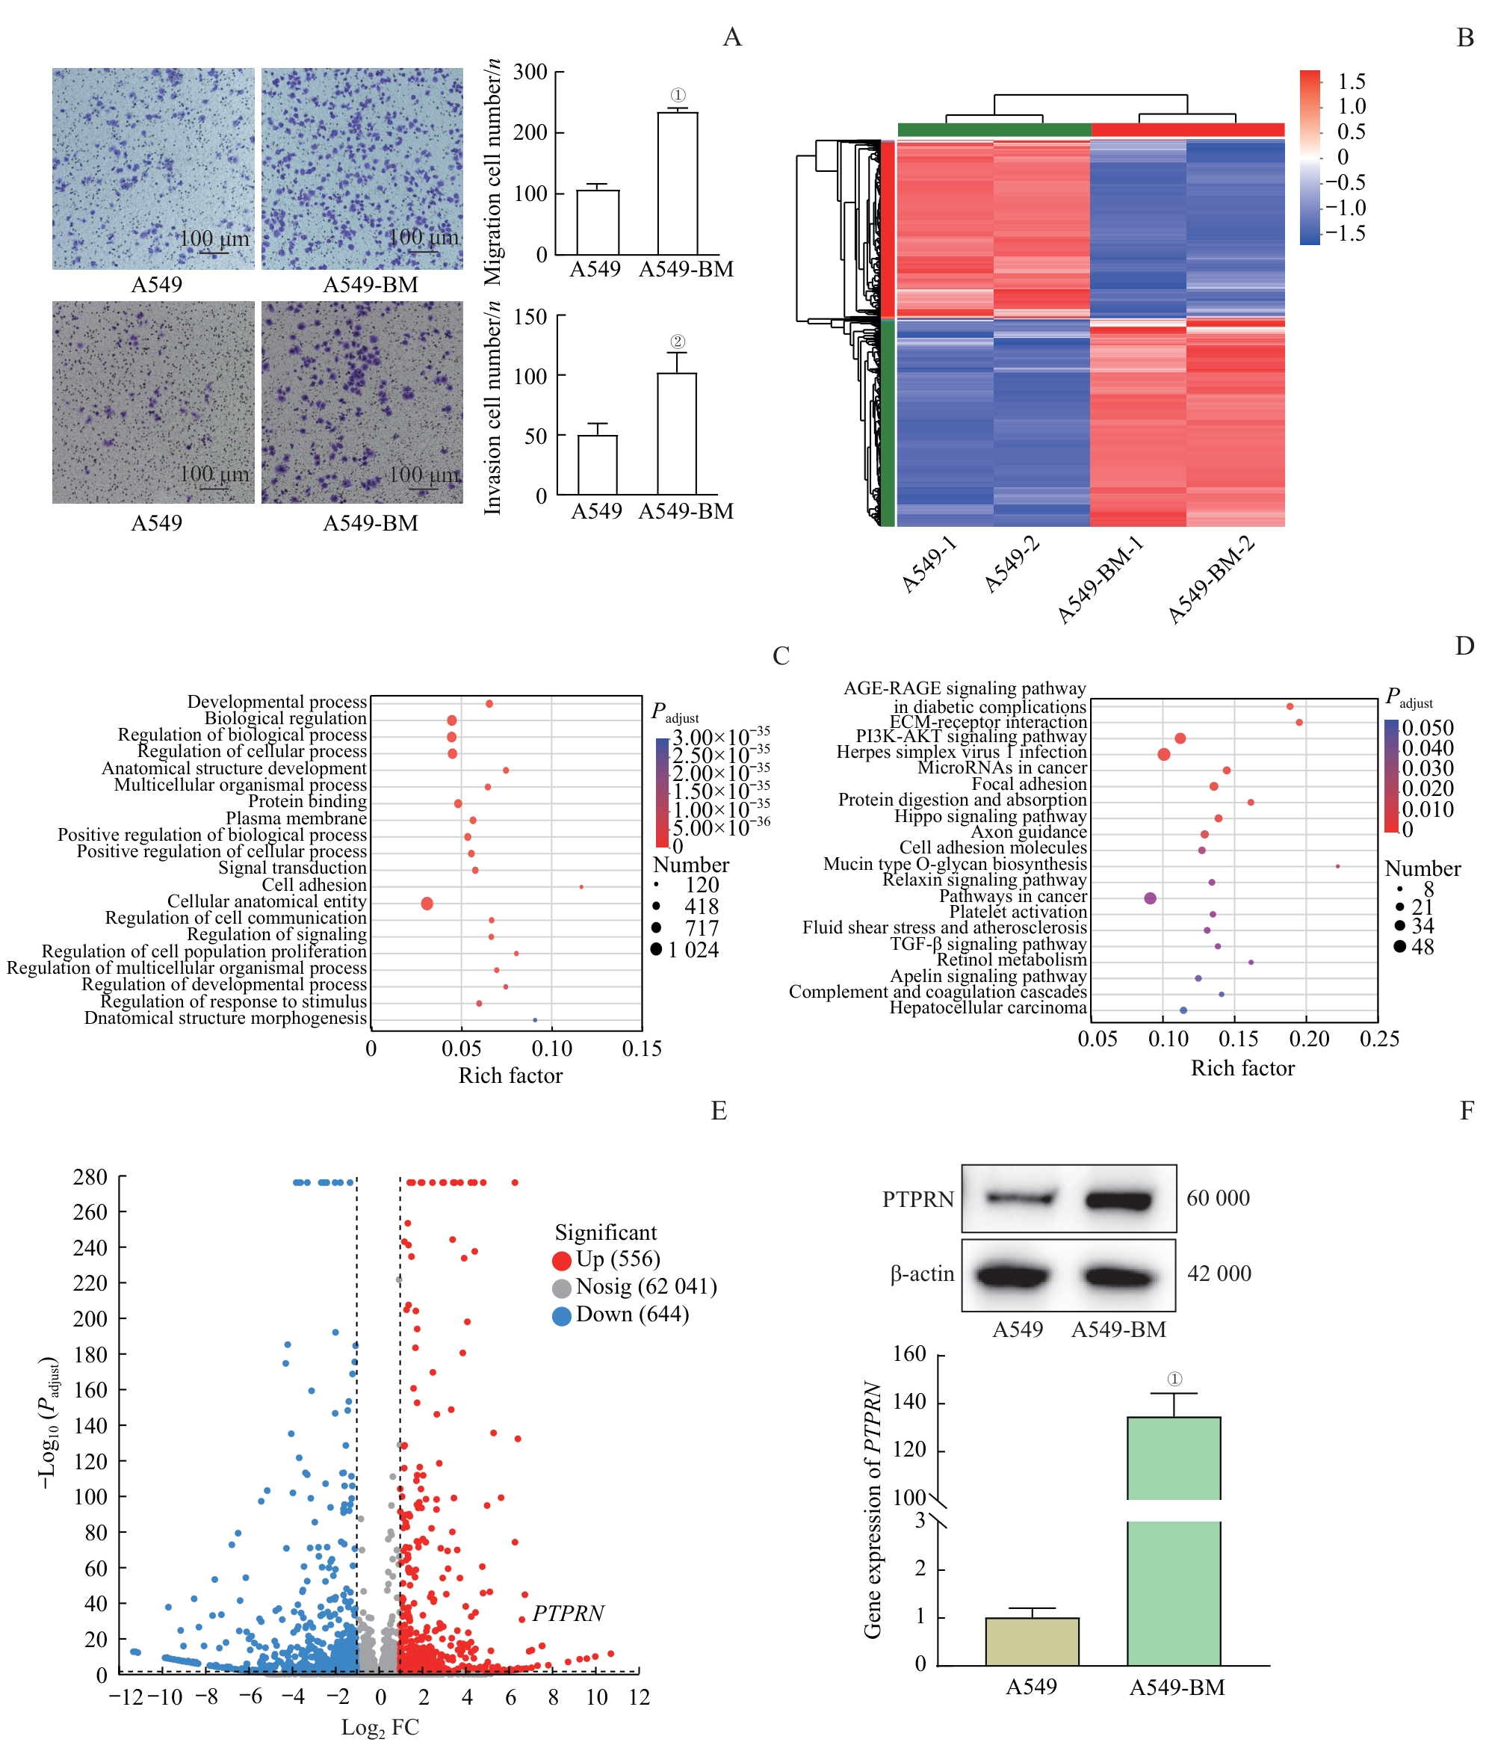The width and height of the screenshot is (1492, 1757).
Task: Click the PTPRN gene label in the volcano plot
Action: pos(568,1614)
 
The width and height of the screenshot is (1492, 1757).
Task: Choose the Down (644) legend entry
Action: pos(631,1315)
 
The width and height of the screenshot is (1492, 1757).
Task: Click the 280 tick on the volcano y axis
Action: pos(90,1177)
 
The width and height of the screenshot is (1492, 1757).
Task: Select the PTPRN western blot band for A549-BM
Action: pos(1119,1199)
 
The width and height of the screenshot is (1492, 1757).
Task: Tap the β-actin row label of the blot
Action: pos(921,1274)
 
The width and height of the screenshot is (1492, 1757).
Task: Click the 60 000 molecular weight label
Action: pos(1217,1198)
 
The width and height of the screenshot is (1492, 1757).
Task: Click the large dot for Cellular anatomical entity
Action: pos(427,904)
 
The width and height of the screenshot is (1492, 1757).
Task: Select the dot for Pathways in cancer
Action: pos(1150,898)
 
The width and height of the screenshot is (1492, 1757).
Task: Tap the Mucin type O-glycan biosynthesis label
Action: pos(955,864)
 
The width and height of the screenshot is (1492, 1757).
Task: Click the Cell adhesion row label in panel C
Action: pos(314,885)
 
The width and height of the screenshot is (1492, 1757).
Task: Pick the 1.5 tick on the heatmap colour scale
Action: pos(1352,81)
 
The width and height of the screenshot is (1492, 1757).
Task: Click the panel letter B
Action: pos(1465,38)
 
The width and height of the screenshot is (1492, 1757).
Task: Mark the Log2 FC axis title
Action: pos(380,1727)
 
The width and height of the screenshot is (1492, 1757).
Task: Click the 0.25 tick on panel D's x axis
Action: pos(1378,1039)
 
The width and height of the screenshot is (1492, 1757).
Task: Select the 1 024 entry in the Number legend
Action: pos(693,950)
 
